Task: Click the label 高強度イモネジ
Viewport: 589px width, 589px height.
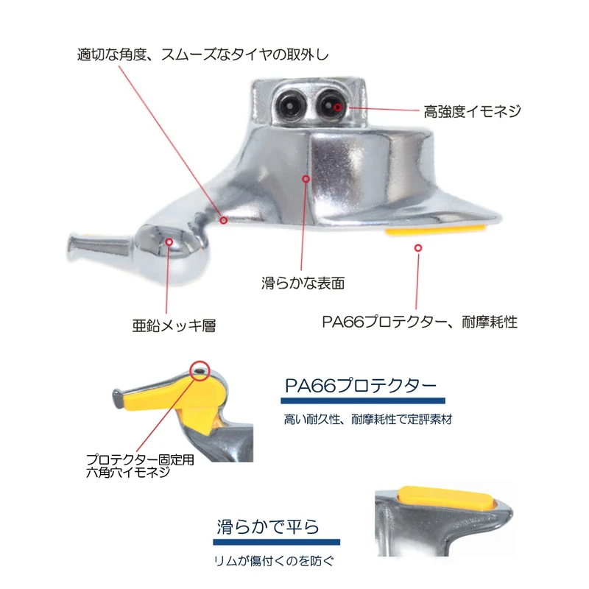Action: coord(472,111)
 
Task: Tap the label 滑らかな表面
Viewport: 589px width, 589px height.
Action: coord(303,282)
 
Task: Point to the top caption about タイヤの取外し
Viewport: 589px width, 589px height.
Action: coord(202,54)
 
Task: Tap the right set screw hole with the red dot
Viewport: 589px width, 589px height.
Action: coord(331,107)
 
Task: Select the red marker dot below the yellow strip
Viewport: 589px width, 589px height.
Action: coord(417,248)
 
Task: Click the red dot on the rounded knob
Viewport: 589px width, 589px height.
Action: coord(169,241)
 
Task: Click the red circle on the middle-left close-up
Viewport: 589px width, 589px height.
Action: coord(198,369)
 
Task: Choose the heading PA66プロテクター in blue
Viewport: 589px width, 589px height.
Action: coord(361,386)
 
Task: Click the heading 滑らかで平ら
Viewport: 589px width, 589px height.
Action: coord(268,527)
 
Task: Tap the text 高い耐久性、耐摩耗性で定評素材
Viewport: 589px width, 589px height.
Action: coord(367,421)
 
